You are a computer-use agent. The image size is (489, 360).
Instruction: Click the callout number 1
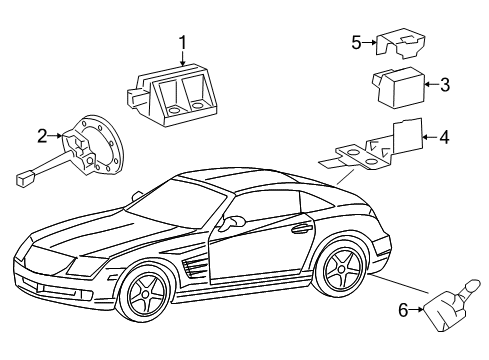(x=183, y=42)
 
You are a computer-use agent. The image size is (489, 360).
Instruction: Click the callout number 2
(x=42, y=134)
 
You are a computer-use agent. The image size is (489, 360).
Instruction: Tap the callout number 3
(x=445, y=85)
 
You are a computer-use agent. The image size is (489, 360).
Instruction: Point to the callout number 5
(x=356, y=42)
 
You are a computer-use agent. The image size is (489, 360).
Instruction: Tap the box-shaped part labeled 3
(x=401, y=86)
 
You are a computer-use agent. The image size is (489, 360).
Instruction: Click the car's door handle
(x=298, y=230)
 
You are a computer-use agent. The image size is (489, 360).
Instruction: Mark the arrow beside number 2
(x=54, y=134)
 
